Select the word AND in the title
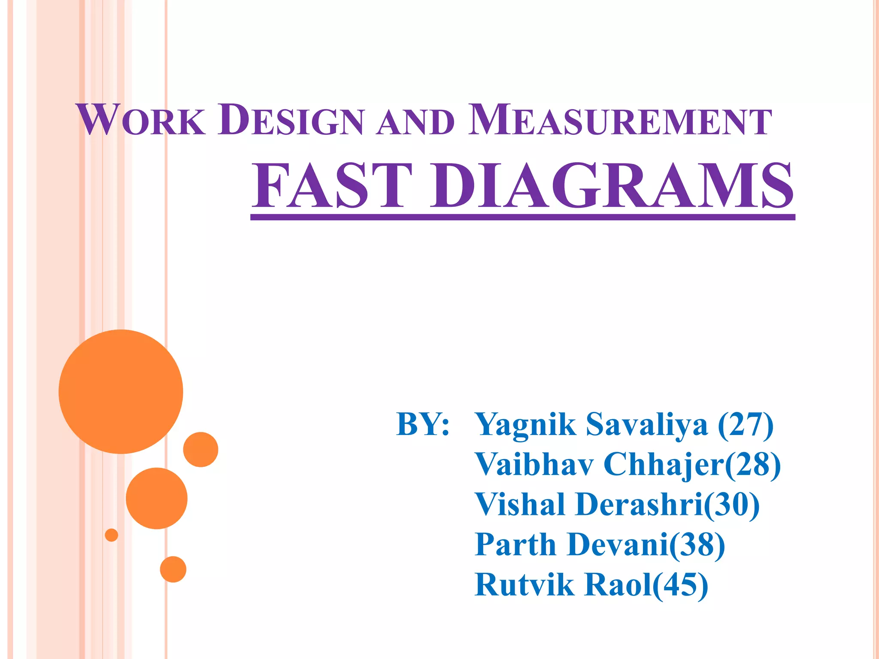[415, 122]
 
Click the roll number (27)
[746, 425]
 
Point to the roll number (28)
[753, 465]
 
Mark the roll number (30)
[731, 505]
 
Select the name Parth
[515, 545]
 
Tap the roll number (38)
[697, 545]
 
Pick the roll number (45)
[680, 585]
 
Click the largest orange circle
[121, 391]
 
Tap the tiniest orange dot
[112, 535]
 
